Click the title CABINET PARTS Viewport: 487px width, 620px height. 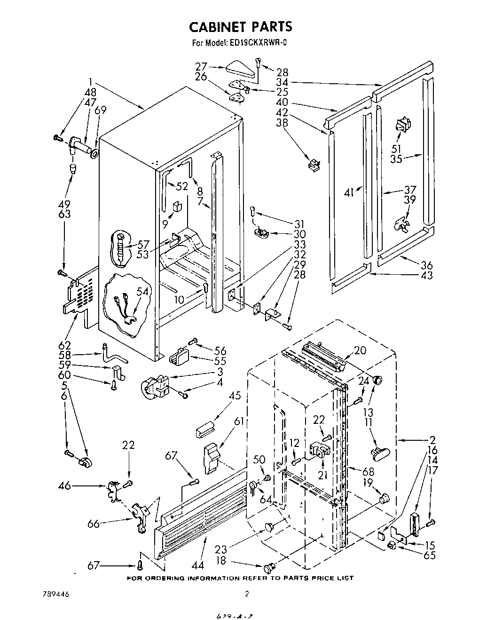coord(240,26)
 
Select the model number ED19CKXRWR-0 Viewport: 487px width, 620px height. coord(258,43)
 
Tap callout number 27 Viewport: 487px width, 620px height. coord(202,66)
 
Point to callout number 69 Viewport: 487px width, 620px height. coord(100,111)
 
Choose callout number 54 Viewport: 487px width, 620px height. coord(142,292)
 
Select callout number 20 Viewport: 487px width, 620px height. coord(360,350)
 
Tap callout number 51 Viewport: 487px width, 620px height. coord(397,149)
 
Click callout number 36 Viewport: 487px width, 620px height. coord(427,265)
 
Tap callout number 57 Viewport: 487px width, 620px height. coord(142,245)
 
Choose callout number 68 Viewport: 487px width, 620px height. coord(363,472)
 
